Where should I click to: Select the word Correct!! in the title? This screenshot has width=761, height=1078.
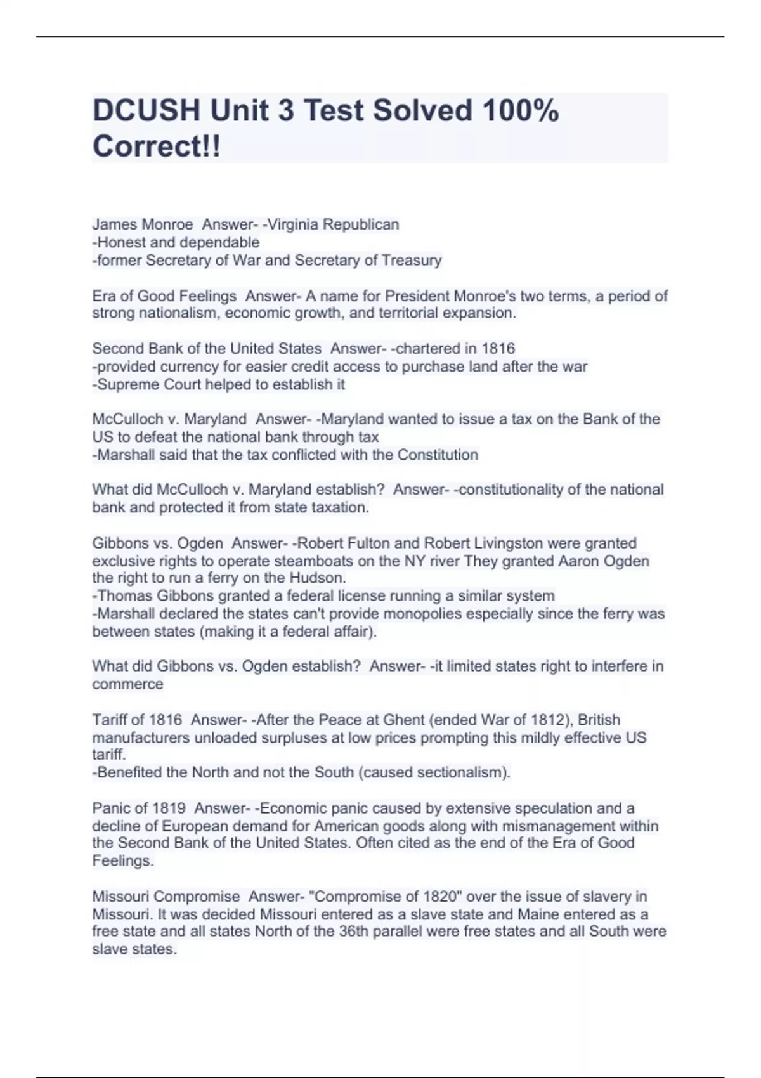coord(157,146)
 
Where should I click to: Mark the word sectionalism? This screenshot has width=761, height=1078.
coord(464,772)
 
